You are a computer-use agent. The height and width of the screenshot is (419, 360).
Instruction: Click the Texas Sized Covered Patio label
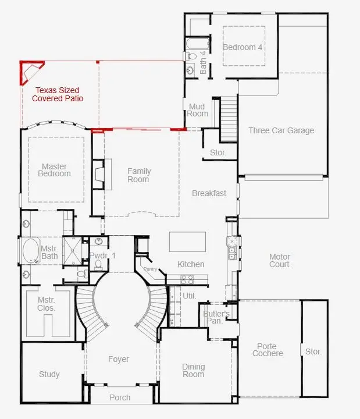pyautogui.click(x=57, y=94)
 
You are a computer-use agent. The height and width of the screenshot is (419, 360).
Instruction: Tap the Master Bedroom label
pyautogui.click(x=54, y=170)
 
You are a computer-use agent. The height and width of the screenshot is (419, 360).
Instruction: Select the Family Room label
pyautogui.click(x=139, y=175)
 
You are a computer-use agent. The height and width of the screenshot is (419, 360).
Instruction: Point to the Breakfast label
pyautogui.click(x=209, y=193)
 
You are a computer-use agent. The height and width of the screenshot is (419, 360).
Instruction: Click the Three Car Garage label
pyautogui.click(x=281, y=130)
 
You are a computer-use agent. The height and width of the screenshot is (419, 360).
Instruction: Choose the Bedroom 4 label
pyautogui.click(x=243, y=47)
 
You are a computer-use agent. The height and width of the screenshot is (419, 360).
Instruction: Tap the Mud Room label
pyautogui.click(x=197, y=109)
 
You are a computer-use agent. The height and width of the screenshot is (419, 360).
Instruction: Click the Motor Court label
pyautogui.click(x=279, y=261)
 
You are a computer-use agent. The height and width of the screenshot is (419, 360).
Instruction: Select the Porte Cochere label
pyautogui.click(x=268, y=350)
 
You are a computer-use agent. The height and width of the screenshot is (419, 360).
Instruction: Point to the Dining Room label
pyautogui.click(x=193, y=370)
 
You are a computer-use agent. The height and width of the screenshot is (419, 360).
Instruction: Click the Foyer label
pyautogui.click(x=119, y=359)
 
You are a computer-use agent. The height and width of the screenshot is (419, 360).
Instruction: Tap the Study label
pyautogui.click(x=49, y=374)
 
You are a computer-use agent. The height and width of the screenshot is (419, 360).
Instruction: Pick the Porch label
pyautogui.click(x=120, y=397)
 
